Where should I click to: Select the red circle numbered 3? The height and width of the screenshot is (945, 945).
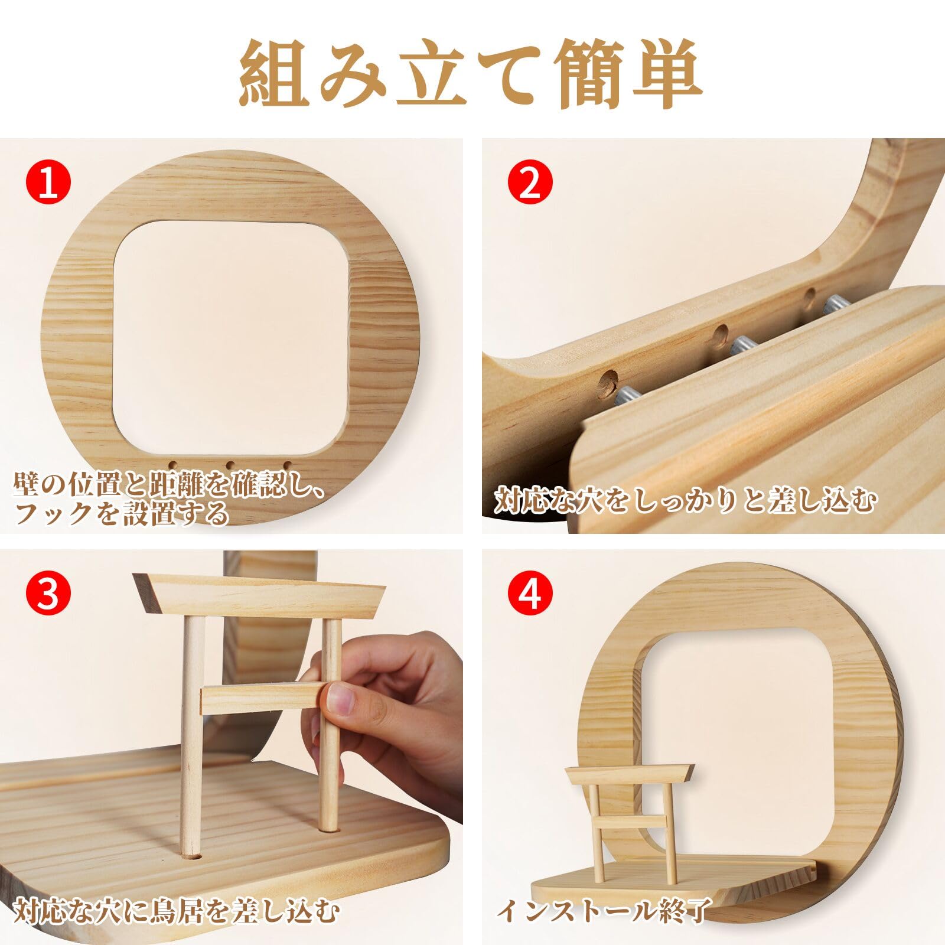(x=48, y=594)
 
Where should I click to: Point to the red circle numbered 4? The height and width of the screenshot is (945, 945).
(x=530, y=594)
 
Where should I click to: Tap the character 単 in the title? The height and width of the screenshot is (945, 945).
(x=666, y=74)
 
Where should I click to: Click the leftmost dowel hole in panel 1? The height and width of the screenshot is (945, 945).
(x=175, y=465)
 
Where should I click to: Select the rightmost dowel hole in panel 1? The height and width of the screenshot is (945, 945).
(x=288, y=465)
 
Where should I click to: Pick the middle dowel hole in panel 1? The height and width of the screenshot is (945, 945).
(x=231, y=465)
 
